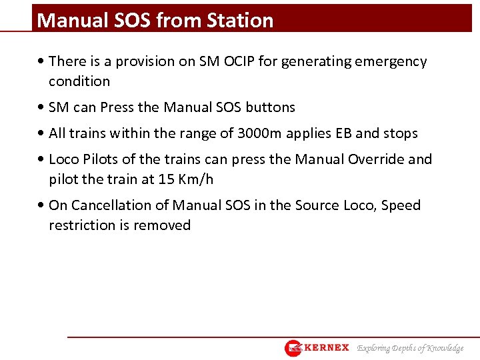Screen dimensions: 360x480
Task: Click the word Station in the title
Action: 240,21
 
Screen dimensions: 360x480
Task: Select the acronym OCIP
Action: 239,61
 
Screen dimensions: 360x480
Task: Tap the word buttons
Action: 270,107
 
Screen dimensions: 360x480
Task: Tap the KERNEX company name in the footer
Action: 327,348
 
